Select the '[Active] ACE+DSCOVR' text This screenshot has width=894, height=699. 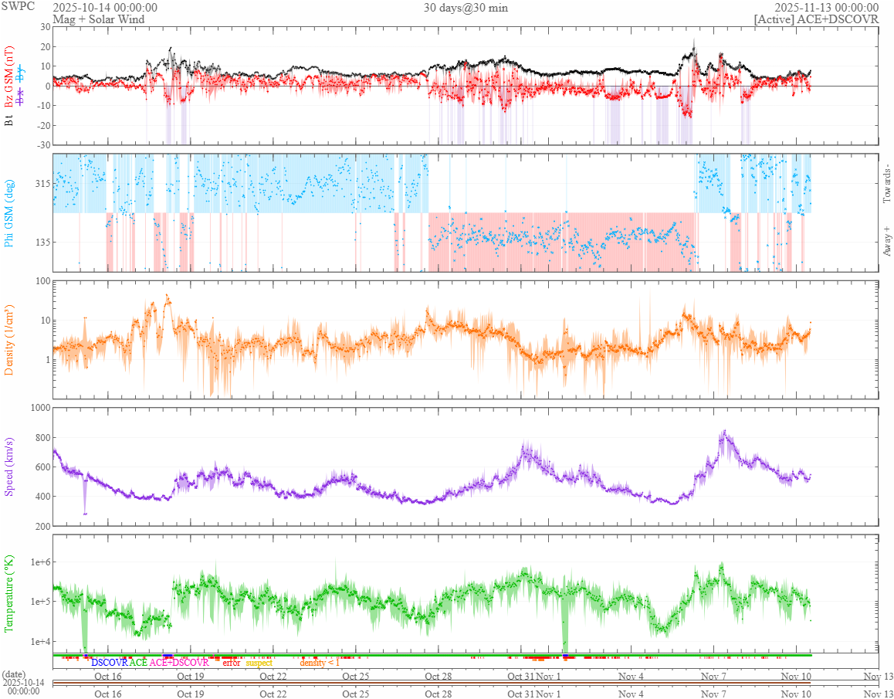point(817,19)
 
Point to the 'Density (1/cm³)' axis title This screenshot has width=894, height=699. point(10,341)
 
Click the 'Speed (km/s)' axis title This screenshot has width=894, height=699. point(10,467)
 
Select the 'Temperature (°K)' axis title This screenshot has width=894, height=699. point(10,593)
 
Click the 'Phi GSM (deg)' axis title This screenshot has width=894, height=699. point(10,213)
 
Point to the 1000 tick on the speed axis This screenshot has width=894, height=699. point(39,408)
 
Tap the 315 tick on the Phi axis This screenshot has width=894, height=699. point(40,184)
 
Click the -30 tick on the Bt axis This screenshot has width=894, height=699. point(41,145)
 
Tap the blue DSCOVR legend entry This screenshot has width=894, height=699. point(109,663)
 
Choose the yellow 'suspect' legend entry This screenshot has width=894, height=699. point(259,663)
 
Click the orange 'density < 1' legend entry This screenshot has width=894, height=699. point(319,663)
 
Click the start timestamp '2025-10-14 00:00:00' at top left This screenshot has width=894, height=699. point(105,8)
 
